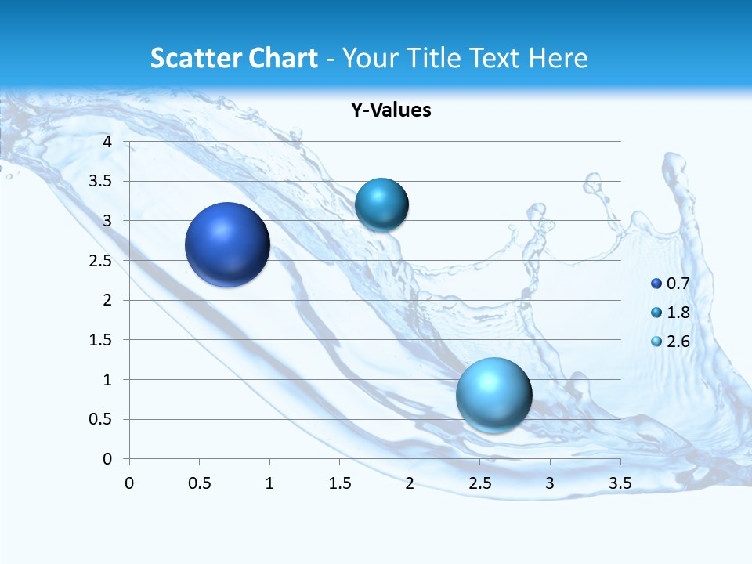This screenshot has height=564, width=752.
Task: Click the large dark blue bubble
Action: pyautogui.click(x=227, y=244)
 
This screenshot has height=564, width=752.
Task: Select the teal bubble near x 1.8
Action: pyautogui.click(x=381, y=205)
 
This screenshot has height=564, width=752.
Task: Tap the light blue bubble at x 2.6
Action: pyautogui.click(x=493, y=395)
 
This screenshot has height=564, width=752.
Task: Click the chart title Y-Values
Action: pyautogui.click(x=390, y=110)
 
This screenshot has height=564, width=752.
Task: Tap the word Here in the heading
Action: pyautogui.click(x=557, y=58)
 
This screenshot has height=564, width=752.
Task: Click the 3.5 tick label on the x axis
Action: pyautogui.click(x=620, y=483)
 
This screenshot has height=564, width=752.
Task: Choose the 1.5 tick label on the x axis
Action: pyautogui.click(x=339, y=483)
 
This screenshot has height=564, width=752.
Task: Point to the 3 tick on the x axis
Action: pyautogui.click(x=550, y=483)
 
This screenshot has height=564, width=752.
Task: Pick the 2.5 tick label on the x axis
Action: pyautogui.click(x=479, y=483)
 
